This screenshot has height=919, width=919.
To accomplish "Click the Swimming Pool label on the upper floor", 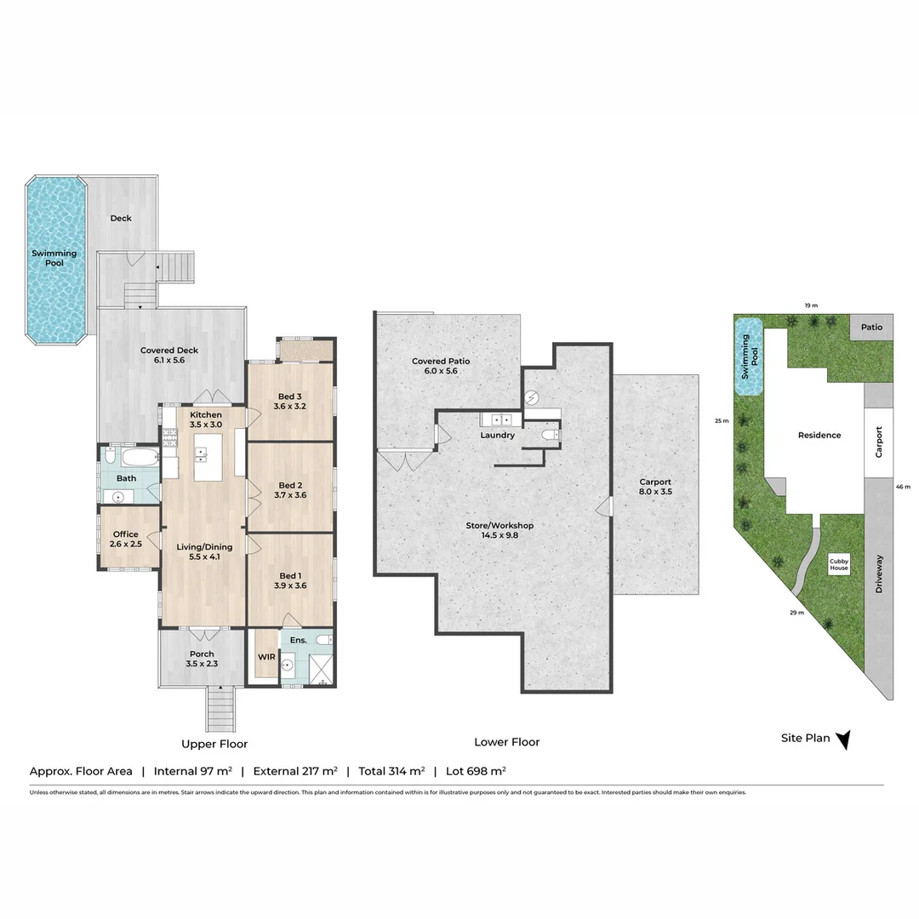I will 54,258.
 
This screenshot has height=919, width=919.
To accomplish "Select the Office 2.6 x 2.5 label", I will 125,539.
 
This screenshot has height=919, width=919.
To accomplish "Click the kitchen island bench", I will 207,457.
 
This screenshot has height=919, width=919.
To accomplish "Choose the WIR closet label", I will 265,658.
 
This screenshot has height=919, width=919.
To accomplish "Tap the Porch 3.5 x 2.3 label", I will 202,659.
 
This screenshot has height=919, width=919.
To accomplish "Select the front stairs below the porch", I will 220,709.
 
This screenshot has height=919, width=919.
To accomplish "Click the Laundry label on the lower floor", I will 497,435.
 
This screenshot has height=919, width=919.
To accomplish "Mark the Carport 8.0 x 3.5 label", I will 655,487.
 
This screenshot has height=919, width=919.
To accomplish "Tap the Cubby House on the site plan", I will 839,563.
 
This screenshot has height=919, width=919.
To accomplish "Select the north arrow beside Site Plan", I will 843,740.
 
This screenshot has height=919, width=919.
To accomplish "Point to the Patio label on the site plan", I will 871,328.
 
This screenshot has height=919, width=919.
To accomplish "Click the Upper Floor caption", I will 214,744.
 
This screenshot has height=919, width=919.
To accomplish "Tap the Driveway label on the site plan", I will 879,574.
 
